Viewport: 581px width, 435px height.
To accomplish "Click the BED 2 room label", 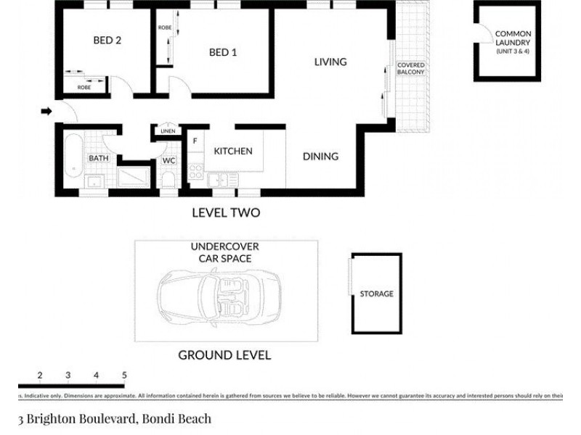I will (107, 41).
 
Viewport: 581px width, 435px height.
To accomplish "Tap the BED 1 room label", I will (223, 52).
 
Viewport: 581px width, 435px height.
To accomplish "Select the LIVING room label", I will (330, 62).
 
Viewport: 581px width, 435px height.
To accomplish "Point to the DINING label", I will (320, 157).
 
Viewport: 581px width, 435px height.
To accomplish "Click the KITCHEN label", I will (232, 151).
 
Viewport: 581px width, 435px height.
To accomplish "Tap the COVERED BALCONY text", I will (410, 69).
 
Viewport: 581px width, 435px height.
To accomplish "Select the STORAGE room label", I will (376, 294).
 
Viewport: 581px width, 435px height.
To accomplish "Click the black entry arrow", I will (46, 111).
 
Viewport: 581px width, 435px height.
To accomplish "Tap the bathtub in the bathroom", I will (72, 157).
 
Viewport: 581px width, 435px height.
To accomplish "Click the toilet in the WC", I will (168, 179).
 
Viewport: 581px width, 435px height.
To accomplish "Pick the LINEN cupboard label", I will (166, 131).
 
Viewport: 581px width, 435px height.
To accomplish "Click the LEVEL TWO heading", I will (225, 213).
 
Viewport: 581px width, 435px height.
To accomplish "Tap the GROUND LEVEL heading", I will (224, 355).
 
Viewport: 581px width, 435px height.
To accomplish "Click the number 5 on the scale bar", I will (124, 375).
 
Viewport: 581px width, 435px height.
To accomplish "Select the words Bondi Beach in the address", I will (176, 418).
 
